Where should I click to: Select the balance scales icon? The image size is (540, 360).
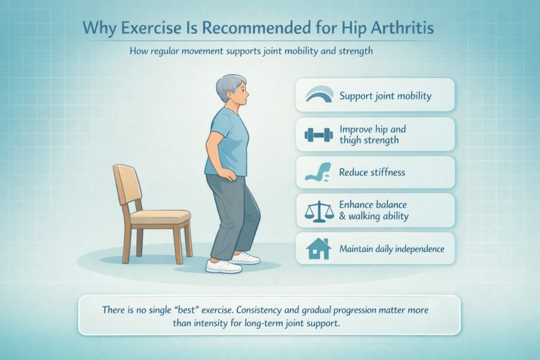pyautogui.click(x=320, y=211)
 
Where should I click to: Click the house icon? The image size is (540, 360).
pyautogui.click(x=319, y=248)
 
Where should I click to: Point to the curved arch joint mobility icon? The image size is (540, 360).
pyautogui.click(x=320, y=95)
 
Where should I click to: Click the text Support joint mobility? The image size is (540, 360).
pyautogui.click(x=385, y=96)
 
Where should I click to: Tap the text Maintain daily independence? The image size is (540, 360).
pyautogui.click(x=392, y=248)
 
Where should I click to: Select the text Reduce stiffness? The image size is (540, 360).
pyautogui.click(x=372, y=173)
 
